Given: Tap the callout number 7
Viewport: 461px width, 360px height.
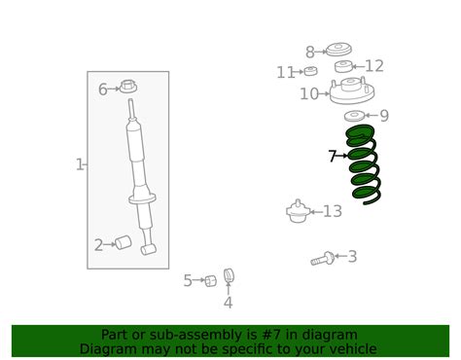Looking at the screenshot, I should tap(333, 155).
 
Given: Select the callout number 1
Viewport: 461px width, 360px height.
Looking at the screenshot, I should tap(80, 164).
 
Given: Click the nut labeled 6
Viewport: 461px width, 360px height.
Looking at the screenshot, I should tap(127, 88).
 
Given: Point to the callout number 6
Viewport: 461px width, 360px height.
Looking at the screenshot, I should tap(103, 90).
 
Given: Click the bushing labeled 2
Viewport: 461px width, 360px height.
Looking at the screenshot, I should tap(123, 242).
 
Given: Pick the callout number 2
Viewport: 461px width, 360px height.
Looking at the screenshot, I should tap(98, 244).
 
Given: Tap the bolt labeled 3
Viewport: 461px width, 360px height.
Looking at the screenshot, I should tap(324, 259).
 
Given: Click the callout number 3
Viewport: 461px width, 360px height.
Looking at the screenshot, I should tap(352, 257).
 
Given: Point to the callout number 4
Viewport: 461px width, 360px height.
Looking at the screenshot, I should tap(228, 303).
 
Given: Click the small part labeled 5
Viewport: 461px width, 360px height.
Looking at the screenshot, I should tap(209, 281).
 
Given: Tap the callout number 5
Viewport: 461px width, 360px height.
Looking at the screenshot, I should tap(188, 281).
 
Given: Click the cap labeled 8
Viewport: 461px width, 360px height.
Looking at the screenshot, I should tap(338, 50).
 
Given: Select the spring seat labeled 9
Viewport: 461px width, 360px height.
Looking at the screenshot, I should tap(355, 117).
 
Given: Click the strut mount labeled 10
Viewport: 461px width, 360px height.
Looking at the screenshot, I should tap(352, 94).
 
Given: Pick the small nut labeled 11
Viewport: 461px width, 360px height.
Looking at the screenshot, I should tap(311, 71).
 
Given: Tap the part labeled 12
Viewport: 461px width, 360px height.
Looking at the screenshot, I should tap(343, 66).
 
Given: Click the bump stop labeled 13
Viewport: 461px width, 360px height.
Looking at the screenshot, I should tap(299, 211).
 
